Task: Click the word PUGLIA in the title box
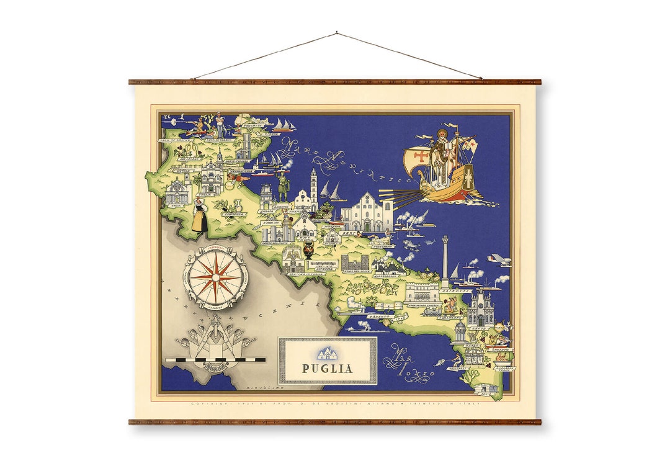click(327, 368)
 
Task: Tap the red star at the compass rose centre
click(215, 277)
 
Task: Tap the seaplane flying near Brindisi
click(499, 260)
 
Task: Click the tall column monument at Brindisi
click(445, 261)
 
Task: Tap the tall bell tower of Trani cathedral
click(314, 187)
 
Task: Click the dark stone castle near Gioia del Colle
click(355, 262)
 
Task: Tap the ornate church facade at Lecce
click(481, 310)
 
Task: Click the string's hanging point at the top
click(337, 32)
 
